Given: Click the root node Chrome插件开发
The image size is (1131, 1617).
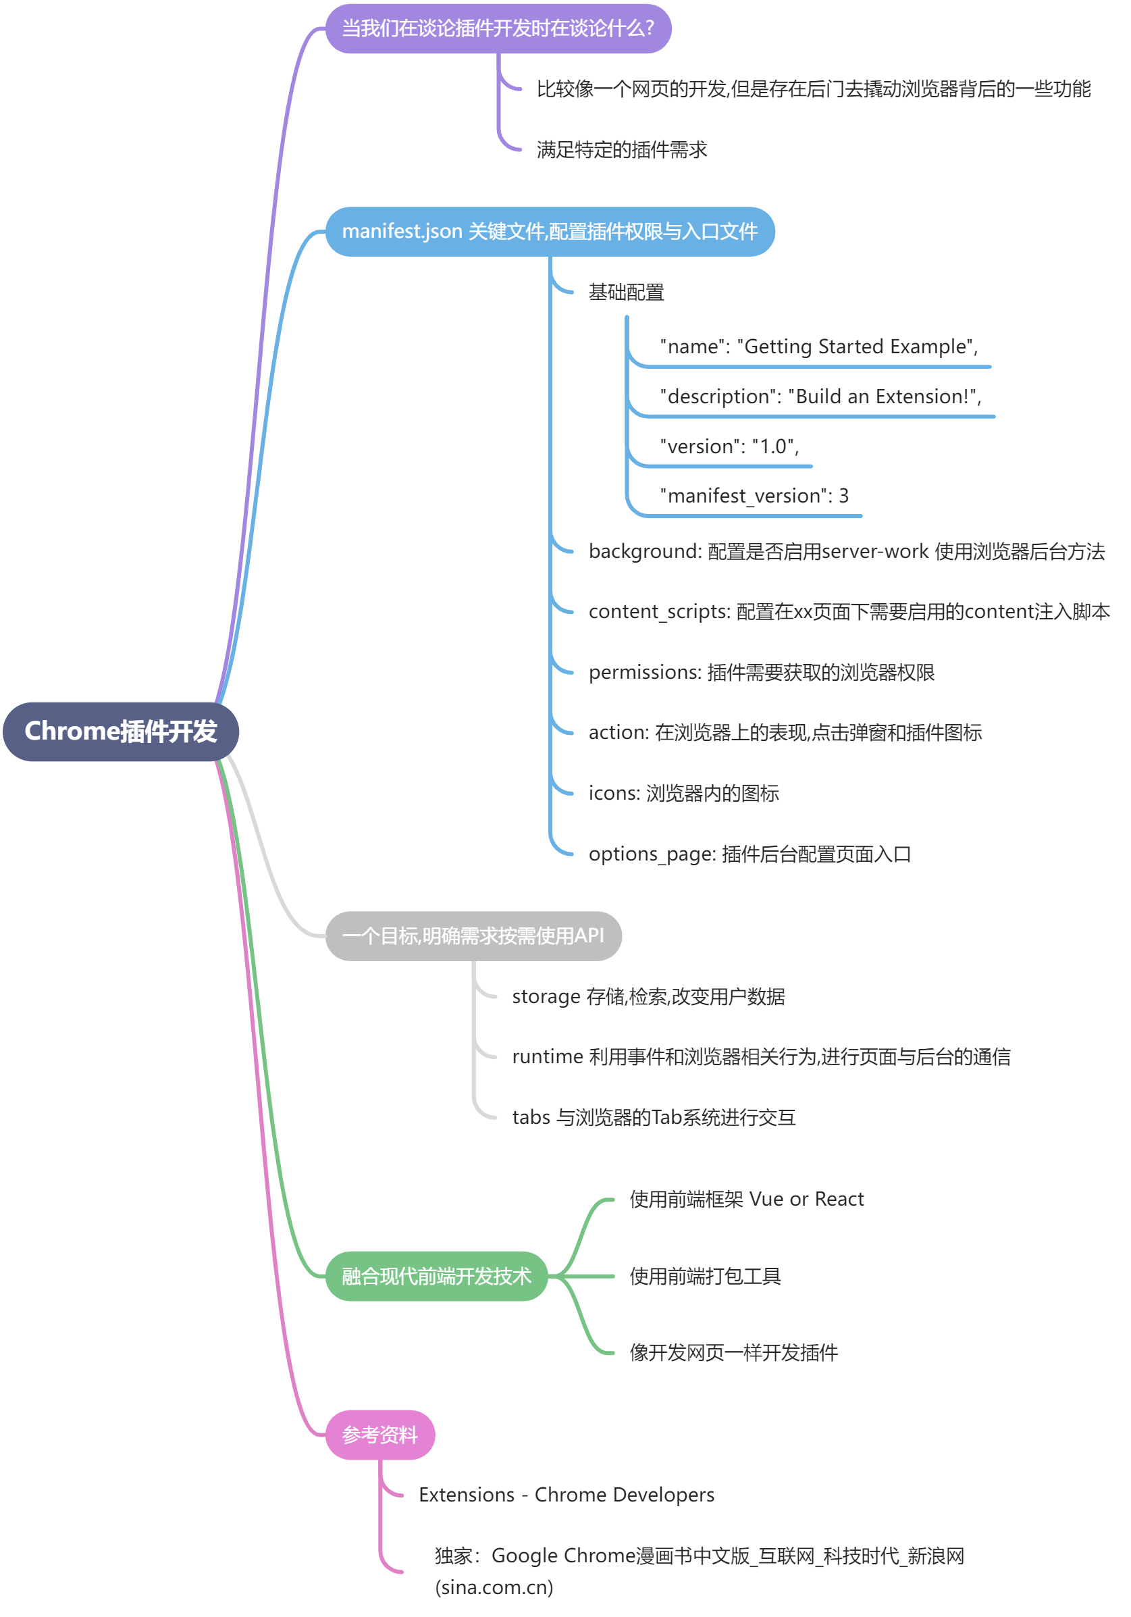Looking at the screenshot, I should click(x=120, y=731).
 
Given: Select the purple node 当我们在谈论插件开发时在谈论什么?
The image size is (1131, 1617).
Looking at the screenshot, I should click(x=497, y=28).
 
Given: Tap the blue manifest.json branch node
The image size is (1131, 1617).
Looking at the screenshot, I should click(x=550, y=231).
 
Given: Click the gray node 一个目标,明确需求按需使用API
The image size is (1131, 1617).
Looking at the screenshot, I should click(x=473, y=935).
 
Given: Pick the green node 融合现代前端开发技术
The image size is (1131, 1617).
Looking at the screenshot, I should click(x=436, y=1275).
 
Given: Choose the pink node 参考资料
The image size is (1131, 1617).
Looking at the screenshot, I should click(x=379, y=1435).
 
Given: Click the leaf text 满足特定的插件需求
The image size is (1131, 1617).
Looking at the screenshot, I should click(x=621, y=149).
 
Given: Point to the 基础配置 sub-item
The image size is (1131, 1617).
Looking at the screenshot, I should click(x=625, y=292).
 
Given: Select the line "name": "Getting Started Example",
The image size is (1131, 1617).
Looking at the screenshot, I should click(x=818, y=346).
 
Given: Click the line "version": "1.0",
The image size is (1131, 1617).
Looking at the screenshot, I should click(x=728, y=446).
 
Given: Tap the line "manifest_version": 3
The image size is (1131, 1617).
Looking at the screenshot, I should click(x=754, y=496).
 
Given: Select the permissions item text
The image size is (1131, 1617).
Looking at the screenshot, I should click(x=760, y=672).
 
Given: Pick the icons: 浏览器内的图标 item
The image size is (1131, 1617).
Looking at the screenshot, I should click(x=683, y=793).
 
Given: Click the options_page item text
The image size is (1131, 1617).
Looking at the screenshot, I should click(x=749, y=854).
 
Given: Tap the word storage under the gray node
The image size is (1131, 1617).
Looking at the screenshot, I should click(x=546, y=996).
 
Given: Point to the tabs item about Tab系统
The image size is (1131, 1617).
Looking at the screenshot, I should click(x=653, y=1117).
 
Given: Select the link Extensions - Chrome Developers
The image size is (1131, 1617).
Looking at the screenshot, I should click(x=566, y=1495).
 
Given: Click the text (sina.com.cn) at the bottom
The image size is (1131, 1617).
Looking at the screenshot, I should click(x=494, y=1587).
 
